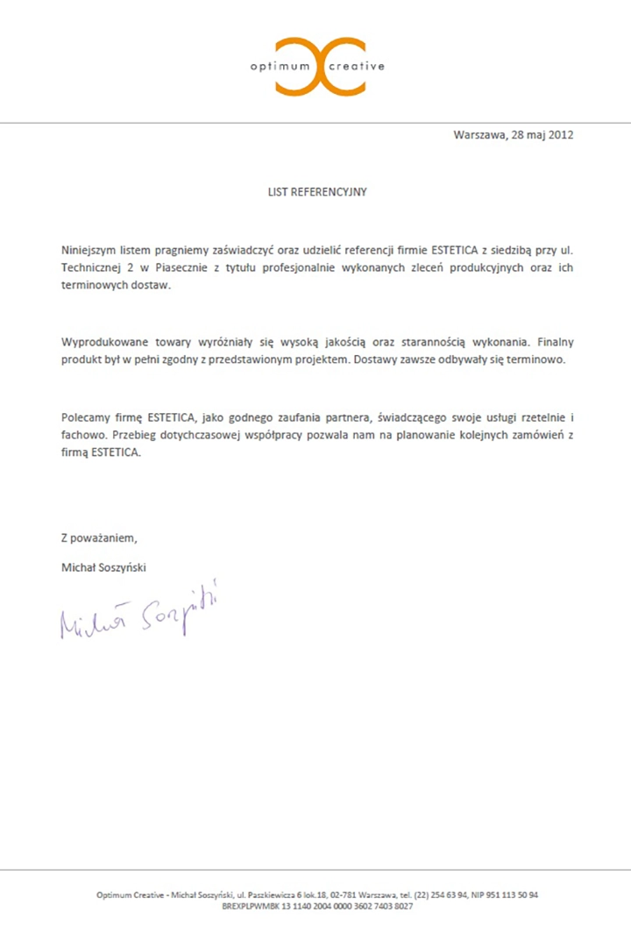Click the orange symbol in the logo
(320, 67)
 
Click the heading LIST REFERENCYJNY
(317, 192)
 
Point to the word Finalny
(554, 342)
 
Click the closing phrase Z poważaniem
(99, 538)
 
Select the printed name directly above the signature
(103, 567)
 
